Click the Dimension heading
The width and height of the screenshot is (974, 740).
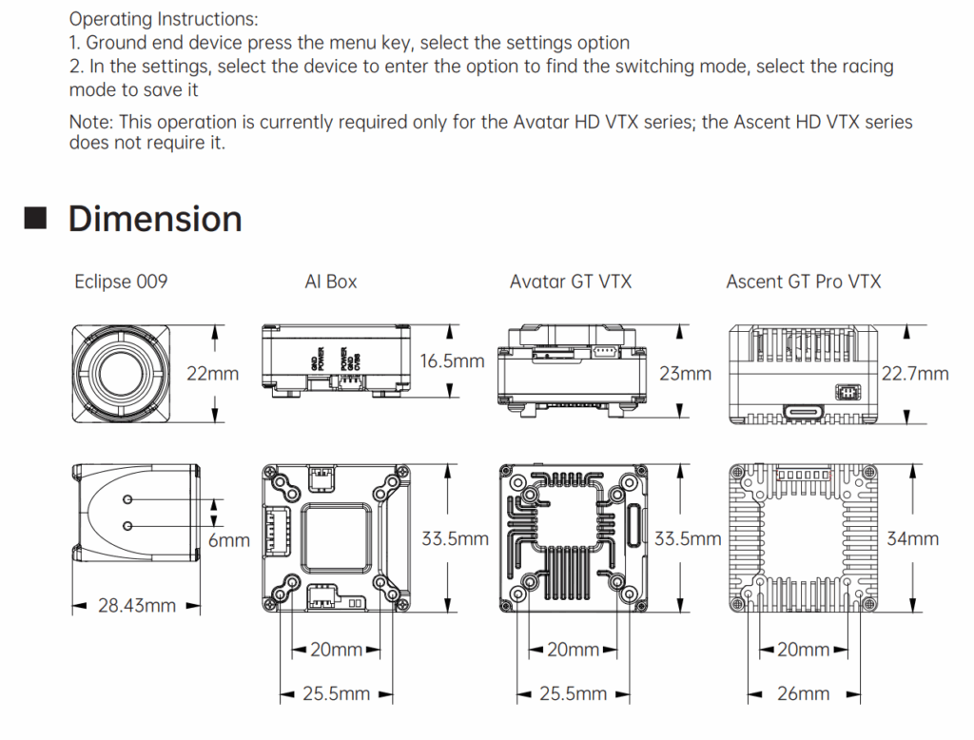[155, 219]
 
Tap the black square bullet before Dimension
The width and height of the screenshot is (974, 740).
[35, 218]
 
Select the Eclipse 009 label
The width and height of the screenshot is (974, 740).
[121, 282]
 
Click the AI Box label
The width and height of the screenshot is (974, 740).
[331, 282]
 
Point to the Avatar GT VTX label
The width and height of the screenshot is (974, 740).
[571, 282]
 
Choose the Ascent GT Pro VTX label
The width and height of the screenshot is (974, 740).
[804, 282]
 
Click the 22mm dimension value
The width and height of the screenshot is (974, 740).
[212, 374]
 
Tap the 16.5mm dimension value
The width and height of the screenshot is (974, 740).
[452, 361]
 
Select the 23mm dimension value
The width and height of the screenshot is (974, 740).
[685, 374]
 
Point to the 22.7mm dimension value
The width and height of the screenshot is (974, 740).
[914, 374]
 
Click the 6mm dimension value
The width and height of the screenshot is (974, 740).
[228, 540]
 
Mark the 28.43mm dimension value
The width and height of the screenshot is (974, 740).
[137, 605]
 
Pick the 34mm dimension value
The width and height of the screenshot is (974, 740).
[912, 539]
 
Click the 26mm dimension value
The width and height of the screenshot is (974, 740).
[803, 694]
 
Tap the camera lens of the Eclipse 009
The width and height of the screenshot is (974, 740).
[121, 373]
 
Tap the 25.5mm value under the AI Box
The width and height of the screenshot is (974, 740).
[335, 694]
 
